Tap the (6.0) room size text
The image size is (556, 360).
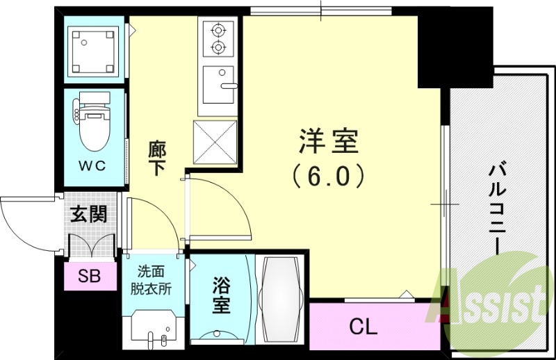(328, 175)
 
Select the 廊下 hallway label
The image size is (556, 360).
(157, 158)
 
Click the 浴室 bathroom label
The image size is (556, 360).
(221, 295)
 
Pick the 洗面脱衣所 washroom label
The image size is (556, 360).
(154, 280)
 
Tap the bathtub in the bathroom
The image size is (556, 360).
(280, 299)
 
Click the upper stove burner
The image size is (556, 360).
(220, 30)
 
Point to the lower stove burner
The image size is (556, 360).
(220, 47)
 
